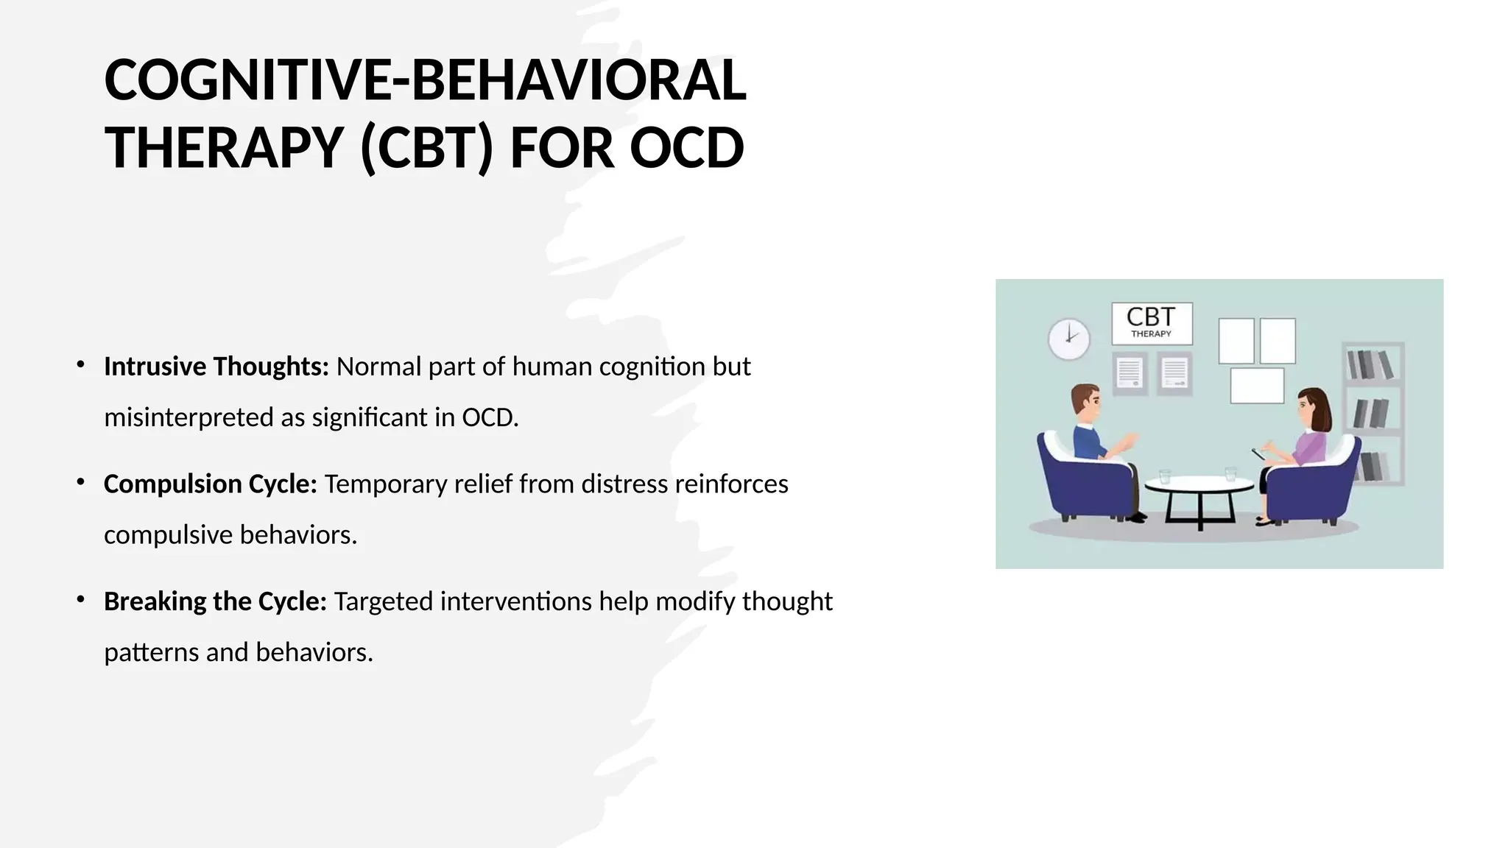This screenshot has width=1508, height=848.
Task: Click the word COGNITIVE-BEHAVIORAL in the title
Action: coord(425,80)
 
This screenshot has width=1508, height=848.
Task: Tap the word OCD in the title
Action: coord(686,148)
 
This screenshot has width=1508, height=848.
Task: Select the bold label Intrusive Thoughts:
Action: coord(216,367)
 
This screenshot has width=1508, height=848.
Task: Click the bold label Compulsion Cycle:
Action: coord(210,484)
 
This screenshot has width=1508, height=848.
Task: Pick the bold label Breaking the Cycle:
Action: coord(215,601)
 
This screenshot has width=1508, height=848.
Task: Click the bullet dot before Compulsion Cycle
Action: coord(81,482)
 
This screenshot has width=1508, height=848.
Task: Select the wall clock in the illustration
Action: coord(1068,339)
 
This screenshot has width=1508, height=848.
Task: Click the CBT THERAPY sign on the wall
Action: coord(1152,323)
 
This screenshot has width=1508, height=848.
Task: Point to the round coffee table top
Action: coord(1199,484)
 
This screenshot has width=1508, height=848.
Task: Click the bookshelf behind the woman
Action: coord(1373,412)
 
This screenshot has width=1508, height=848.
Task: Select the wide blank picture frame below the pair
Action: coord(1257,386)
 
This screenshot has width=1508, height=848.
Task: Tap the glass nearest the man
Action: coord(1164,476)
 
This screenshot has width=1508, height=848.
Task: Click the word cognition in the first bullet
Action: coord(652,367)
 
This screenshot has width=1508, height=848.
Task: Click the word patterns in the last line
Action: coord(152,652)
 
